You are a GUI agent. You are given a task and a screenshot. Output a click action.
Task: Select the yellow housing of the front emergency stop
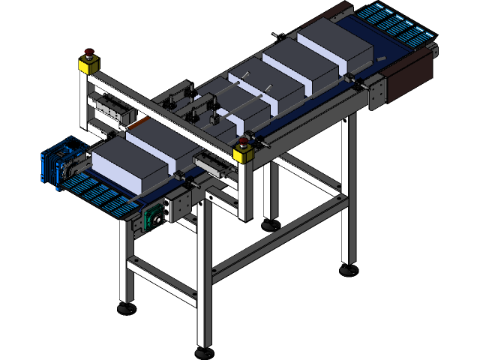tap(243, 154)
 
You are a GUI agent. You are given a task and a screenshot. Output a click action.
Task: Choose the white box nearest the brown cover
tap(334, 45)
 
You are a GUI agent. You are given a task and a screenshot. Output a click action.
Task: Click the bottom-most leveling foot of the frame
tap(203, 351)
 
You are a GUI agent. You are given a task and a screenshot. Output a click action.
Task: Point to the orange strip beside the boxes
tap(142, 122)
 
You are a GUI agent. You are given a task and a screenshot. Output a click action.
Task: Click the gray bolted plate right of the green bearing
tap(180, 203)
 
